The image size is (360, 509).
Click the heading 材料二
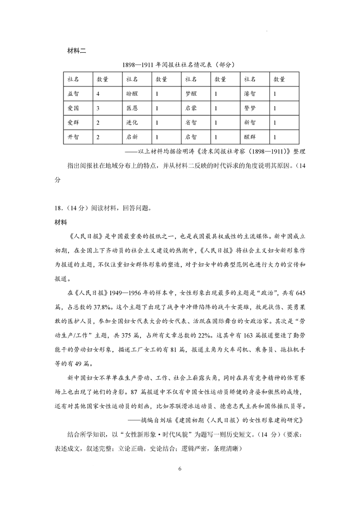point(76,50)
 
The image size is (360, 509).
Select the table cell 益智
point(73,94)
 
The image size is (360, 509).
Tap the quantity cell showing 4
point(98,94)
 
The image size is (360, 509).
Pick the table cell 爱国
point(73,108)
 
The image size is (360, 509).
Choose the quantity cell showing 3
point(98,108)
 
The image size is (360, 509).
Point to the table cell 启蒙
point(191,108)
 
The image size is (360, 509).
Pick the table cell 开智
point(73,137)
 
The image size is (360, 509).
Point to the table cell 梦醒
point(191,94)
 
